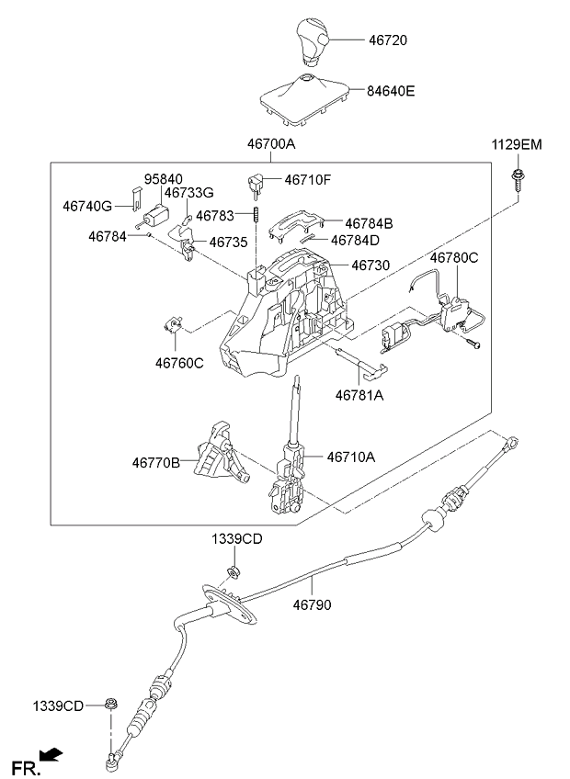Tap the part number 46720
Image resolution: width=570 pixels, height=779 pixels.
point(387,41)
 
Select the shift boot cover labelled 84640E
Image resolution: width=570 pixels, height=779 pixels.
point(307,95)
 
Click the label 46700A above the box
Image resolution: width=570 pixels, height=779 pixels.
point(270,144)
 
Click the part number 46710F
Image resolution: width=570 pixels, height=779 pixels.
point(308,179)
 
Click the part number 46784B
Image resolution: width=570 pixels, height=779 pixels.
point(369,222)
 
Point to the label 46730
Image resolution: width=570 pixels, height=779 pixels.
point(370,265)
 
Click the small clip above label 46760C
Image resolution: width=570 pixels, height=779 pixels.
point(172,324)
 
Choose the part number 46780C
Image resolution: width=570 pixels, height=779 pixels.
point(454,258)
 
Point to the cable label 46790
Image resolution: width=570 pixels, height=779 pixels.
point(313,605)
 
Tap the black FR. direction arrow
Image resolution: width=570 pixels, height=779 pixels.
point(53,755)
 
